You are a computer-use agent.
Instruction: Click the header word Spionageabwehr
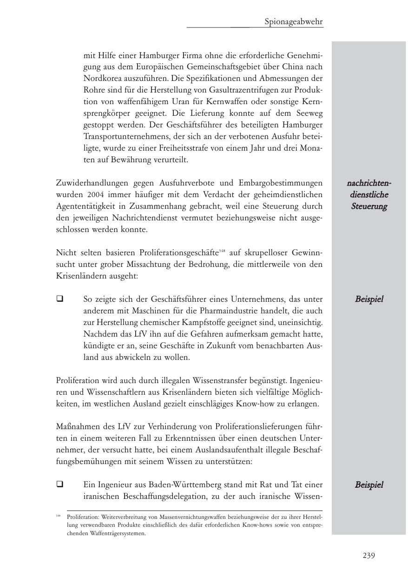tap(294, 21)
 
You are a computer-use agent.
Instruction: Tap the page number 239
tap(369, 555)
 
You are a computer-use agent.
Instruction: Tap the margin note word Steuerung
tap(369, 206)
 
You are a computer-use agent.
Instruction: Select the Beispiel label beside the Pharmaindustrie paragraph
tap(369, 299)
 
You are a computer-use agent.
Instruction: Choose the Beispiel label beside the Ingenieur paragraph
tap(369, 484)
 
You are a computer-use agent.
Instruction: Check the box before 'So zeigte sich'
tap(59, 299)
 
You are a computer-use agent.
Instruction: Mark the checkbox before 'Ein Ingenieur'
tap(59, 484)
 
